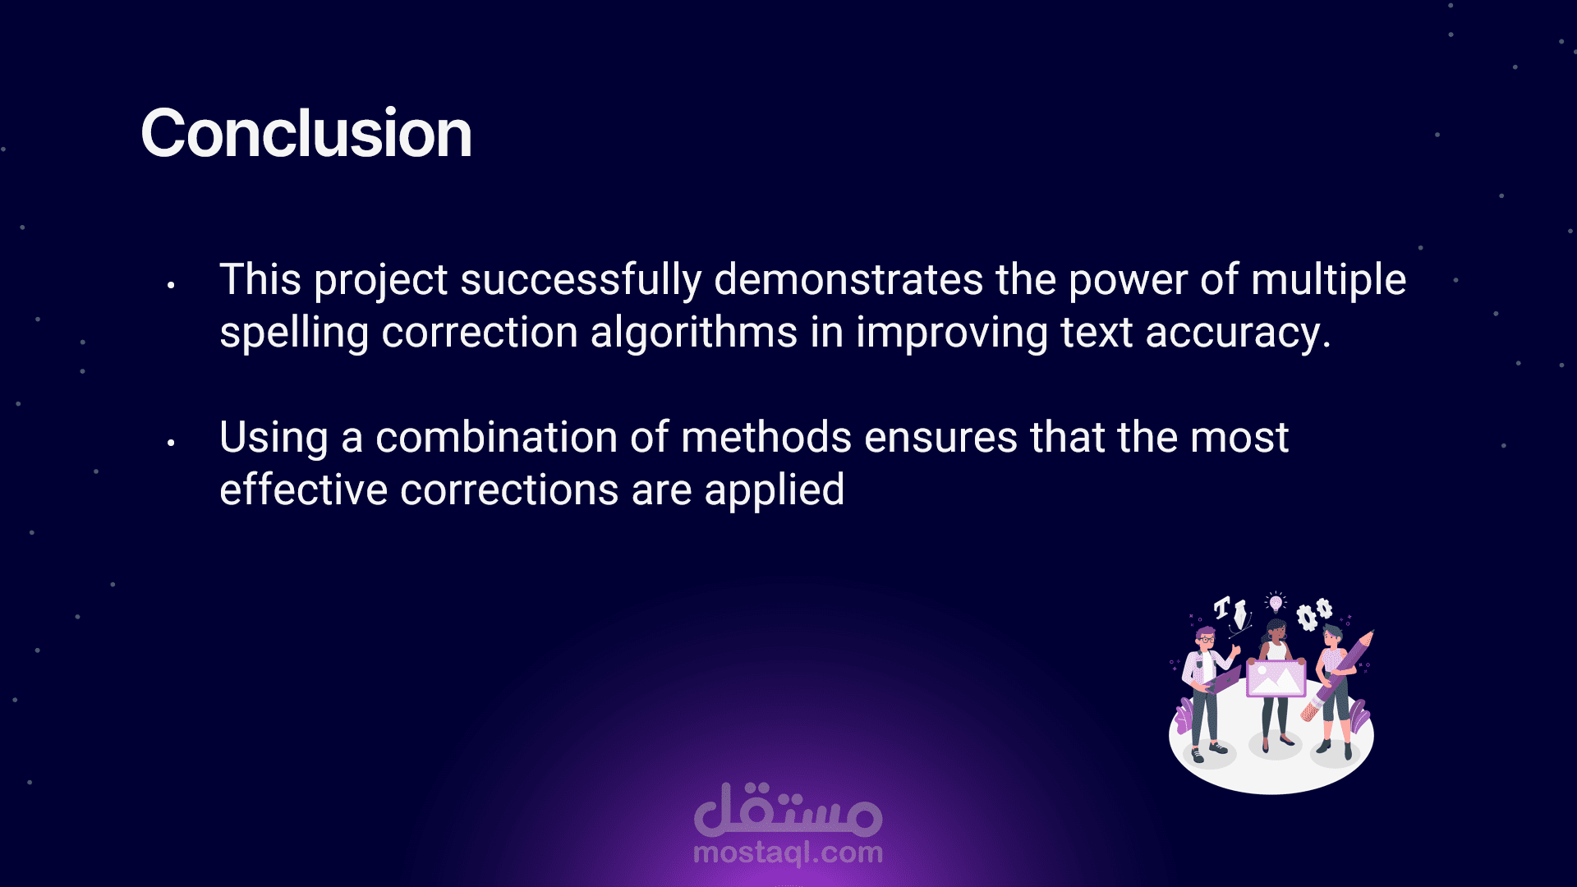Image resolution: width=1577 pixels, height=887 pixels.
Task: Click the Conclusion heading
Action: [306, 134]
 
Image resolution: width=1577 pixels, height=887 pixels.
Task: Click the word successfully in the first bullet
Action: [581, 281]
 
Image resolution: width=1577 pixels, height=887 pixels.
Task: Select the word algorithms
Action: [694, 333]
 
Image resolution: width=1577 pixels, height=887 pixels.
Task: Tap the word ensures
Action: [941, 439]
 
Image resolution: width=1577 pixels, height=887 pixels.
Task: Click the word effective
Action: [303, 490]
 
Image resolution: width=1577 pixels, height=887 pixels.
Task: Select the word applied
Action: [774, 491]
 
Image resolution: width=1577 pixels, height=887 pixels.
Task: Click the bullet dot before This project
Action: [171, 286]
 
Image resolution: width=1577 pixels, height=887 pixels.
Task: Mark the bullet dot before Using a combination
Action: [171, 443]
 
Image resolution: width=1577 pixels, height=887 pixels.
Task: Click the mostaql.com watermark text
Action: [788, 853]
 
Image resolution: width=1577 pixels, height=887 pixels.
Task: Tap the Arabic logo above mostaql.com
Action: [788, 810]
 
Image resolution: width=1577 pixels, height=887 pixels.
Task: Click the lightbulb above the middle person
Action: [1276, 603]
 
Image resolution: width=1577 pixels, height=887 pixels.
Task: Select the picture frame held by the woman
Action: [1276, 678]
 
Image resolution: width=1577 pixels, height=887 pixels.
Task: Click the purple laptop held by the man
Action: [1221, 680]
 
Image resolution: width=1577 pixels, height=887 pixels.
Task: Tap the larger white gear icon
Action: [1306, 617]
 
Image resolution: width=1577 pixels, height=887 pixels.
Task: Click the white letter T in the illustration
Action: [1223, 608]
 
